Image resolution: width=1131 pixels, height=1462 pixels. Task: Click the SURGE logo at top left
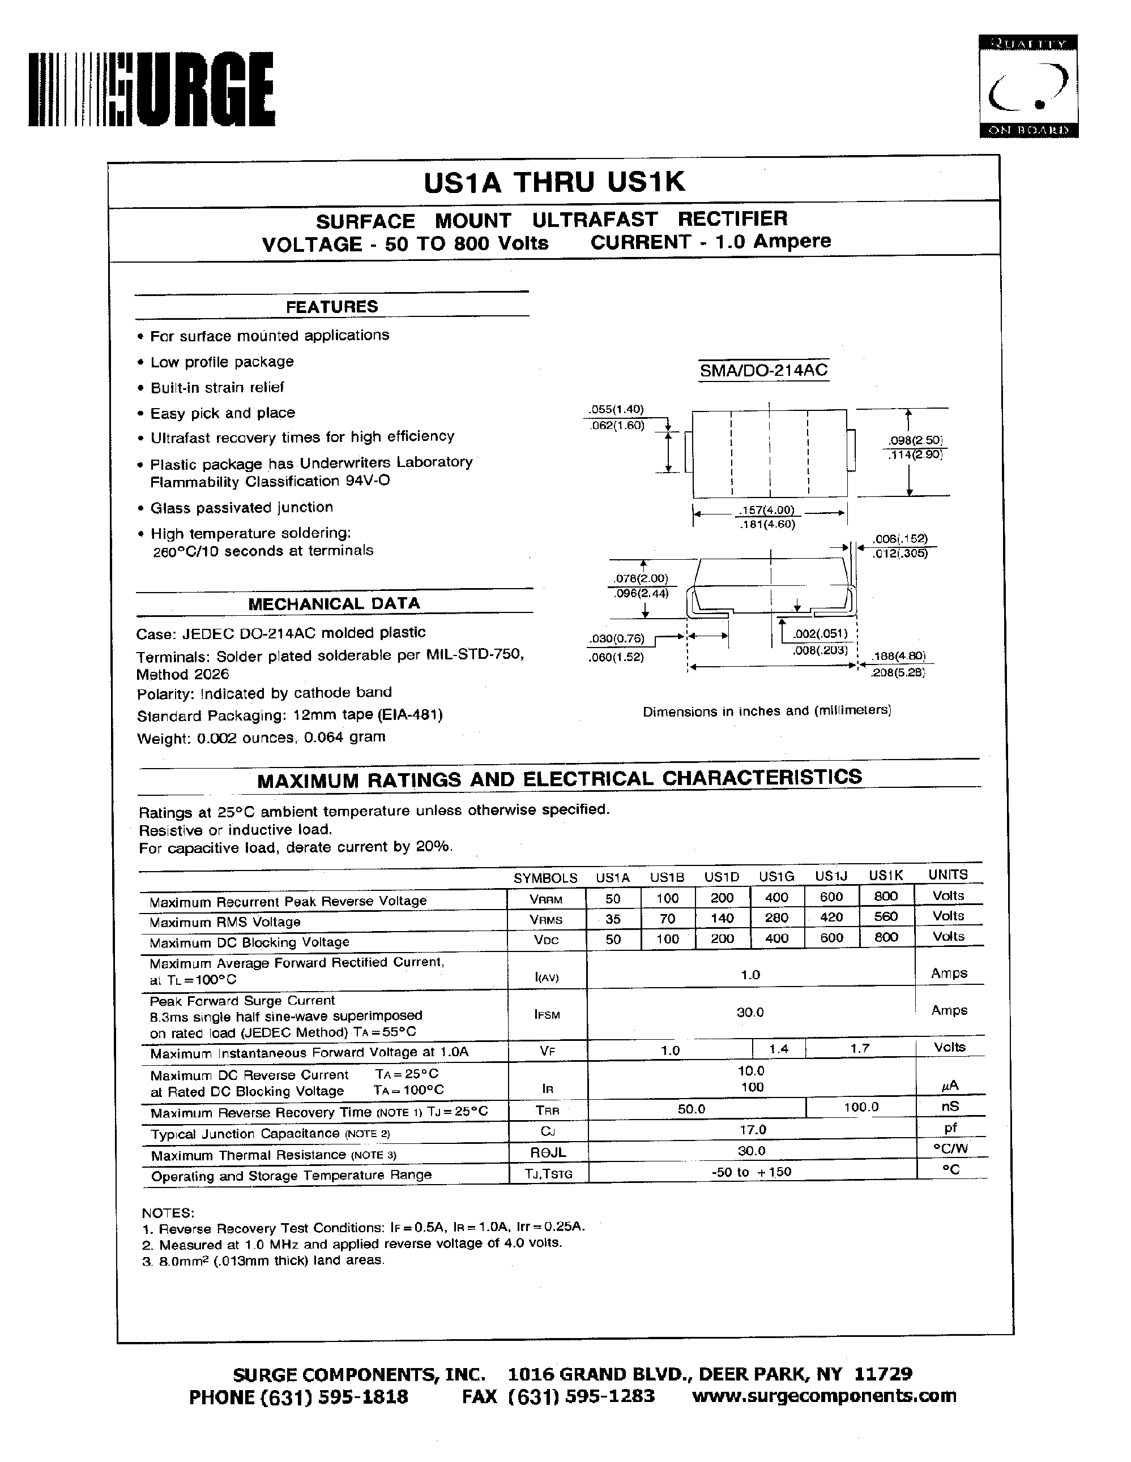pyautogui.click(x=151, y=89)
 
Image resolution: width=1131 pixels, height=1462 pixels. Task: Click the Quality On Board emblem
pyautogui.click(x=1028, y=87)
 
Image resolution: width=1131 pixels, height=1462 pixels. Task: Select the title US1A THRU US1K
pyautogui.click(x=554, y=182)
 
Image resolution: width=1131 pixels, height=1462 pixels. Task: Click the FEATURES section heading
pyautogui.click(x=331, y=307)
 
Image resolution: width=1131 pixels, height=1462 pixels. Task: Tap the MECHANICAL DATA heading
pyautogui.click(x=334, y=603)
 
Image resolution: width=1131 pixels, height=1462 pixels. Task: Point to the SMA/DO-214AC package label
pyautogui.click(x=763, y=370)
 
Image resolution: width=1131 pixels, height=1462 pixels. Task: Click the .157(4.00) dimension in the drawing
pyautogui.click(x=766, y=511)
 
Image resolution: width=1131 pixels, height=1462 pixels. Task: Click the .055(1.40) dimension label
pyautogui.click(x=616, y=410)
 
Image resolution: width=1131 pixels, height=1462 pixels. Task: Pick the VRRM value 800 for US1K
pyautogui.click(x=885, y=897)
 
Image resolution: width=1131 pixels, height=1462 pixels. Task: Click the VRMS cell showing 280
pyautogui.click(x=777, y=917)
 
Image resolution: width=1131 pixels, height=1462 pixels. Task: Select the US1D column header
pyautogui.click(x=721, y=876)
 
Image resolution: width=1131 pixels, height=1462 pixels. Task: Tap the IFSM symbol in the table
pyautogui.click(x=547, y=1015)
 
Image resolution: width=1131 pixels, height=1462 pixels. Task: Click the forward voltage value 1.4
pyautogui.click(x=778, y=1049)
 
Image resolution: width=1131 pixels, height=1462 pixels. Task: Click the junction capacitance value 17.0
pyautogui.click(x=752, y=1130)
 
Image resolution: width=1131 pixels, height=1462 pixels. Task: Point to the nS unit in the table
pyautogui.click(x=950, y=1107)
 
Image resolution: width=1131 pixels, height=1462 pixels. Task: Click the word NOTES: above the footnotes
pyautogui.click(x=168, y=1212)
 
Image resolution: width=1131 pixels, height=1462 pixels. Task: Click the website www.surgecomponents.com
pyautogui.click(x=823, y=1396)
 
